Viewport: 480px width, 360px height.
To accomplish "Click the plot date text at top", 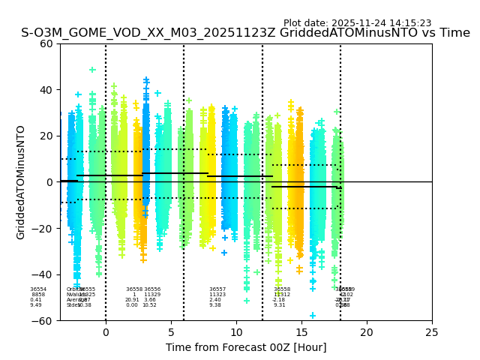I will coord(357,23).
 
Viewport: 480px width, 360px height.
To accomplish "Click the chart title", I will coord(245,33).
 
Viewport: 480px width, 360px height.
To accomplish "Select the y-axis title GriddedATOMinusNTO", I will coord(21,182).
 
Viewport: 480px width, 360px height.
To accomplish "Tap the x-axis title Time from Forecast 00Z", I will coord(246,347).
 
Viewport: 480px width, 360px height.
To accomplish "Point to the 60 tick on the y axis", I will coord(47,43).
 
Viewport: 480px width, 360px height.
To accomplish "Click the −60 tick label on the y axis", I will coord(44,320).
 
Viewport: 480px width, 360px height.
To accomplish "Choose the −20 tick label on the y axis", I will coord(44,228).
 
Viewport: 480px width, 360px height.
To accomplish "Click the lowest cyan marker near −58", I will coord(313,316).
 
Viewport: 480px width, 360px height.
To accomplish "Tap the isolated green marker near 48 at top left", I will coord(92,70).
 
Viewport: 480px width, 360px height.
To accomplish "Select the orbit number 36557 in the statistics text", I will coord(217,289).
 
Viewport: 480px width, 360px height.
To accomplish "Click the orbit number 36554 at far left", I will coord(38,289).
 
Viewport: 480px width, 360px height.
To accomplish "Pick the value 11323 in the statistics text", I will coord(217,295).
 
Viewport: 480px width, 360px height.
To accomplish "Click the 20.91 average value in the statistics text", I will coord(132,300).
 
